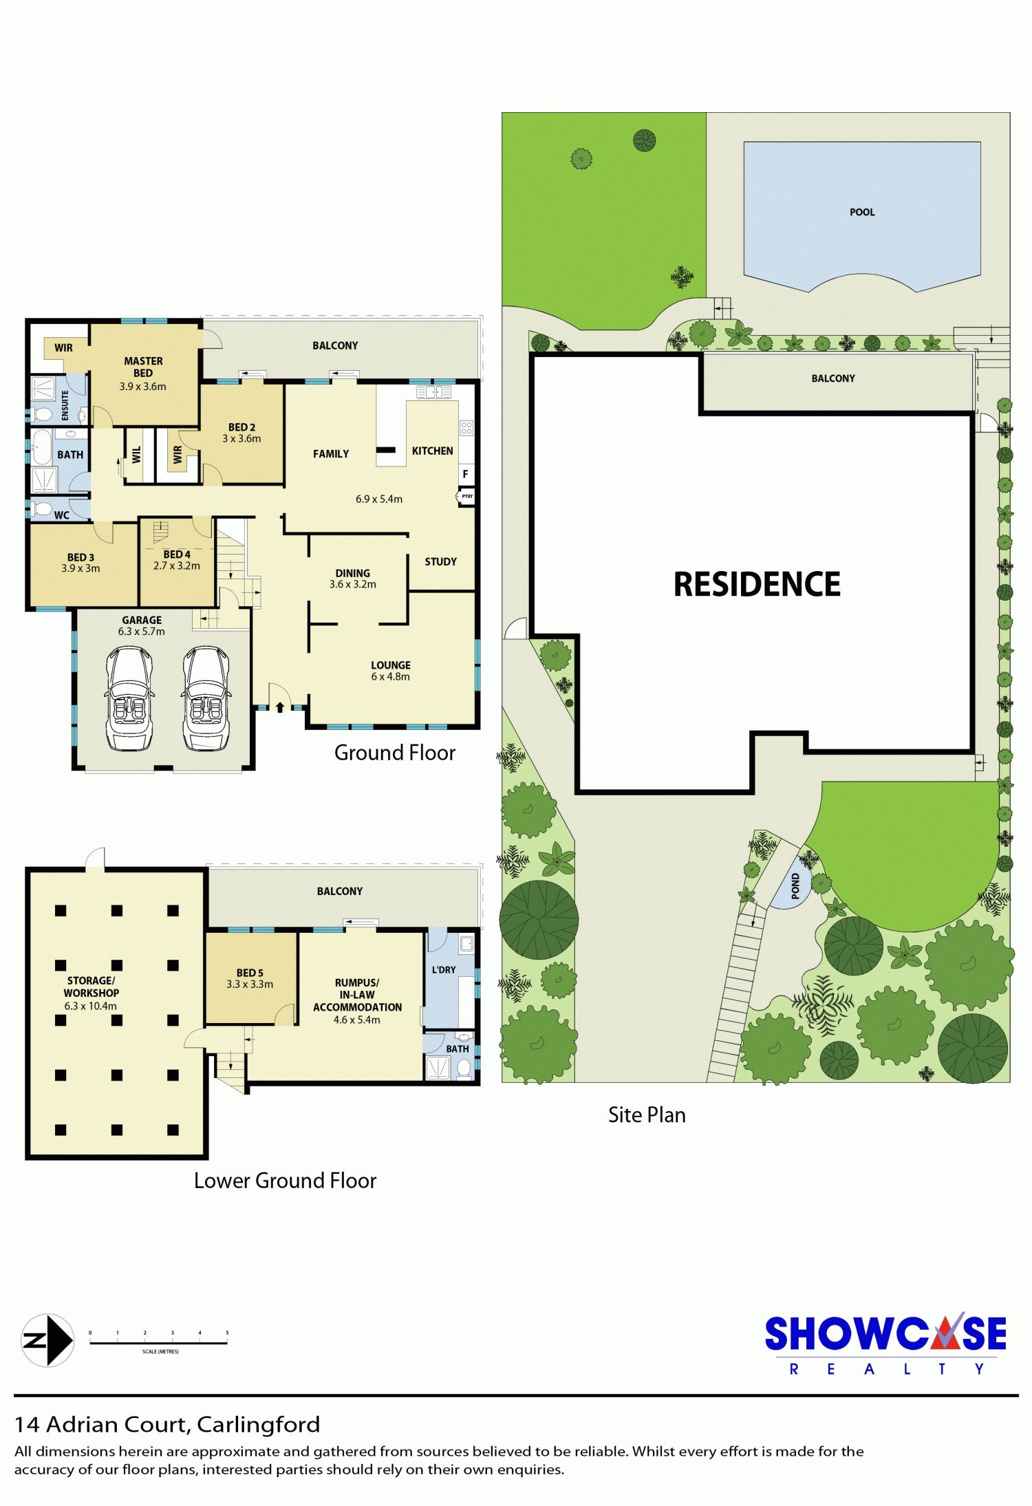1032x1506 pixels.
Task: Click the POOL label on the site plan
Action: tap(862, 212)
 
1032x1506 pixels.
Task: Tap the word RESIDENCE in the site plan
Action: tap(757, 584)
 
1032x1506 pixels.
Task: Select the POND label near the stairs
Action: tap(795, 885)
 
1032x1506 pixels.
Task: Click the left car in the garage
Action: tap(129, 698)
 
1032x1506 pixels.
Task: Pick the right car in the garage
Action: tap(206, 698)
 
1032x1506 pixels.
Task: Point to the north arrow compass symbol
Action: tap(47, 1340)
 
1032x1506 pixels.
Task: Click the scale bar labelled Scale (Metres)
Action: tap(158, 1342)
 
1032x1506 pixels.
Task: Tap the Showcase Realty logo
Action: tap(886, 1343)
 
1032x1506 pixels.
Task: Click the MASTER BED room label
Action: tap(143, 367)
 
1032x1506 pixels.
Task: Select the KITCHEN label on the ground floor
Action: tap(432, 451)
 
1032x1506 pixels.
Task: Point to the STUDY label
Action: tap(440, 561)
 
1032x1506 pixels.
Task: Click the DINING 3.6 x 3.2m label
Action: tap(352, 579)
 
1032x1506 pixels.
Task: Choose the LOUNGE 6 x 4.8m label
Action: tap(390, 671)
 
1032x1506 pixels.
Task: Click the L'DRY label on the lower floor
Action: tap(444, 969)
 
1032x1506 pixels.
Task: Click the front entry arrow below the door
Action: tap(280, 707)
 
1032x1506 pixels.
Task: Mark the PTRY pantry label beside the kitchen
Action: tap(467, 496)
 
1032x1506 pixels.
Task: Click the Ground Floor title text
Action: tap(395, 753)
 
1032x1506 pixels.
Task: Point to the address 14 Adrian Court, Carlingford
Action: tap(167, 1425)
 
